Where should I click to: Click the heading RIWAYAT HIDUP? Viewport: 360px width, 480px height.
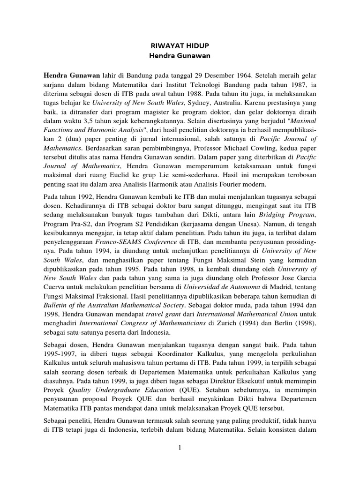[180, 47]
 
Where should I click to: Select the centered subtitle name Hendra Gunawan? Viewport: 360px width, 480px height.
[180, 57]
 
